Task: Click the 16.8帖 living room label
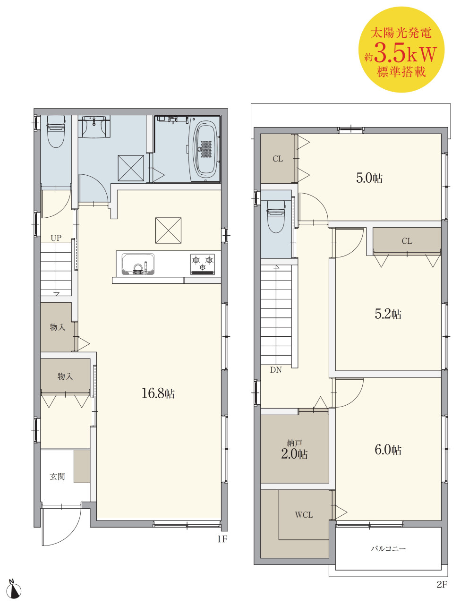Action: click(x=158, y=393)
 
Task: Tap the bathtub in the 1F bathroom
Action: click(x=205, y=150)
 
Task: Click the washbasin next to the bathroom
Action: click(x=94, y=127)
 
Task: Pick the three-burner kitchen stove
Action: click(x=203, y=264)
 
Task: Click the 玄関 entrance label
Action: click(x=57, y=477)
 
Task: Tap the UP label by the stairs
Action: click(x=56, y=238)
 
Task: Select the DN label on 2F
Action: click(x=276, y=370)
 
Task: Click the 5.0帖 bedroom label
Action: click(x=369, y=178)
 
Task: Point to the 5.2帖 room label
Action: click(x=388, y=314)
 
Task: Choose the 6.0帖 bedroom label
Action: click(x=388, y=450)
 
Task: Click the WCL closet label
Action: click(x=304, y=515)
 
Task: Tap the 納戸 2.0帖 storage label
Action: click(x=294, y=450)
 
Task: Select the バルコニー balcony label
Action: click(x=388, y=548)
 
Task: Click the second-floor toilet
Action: click(x=276, y=216)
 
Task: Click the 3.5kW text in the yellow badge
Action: click(x=405, y=53)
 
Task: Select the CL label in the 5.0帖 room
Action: click(x=278, y=159)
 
